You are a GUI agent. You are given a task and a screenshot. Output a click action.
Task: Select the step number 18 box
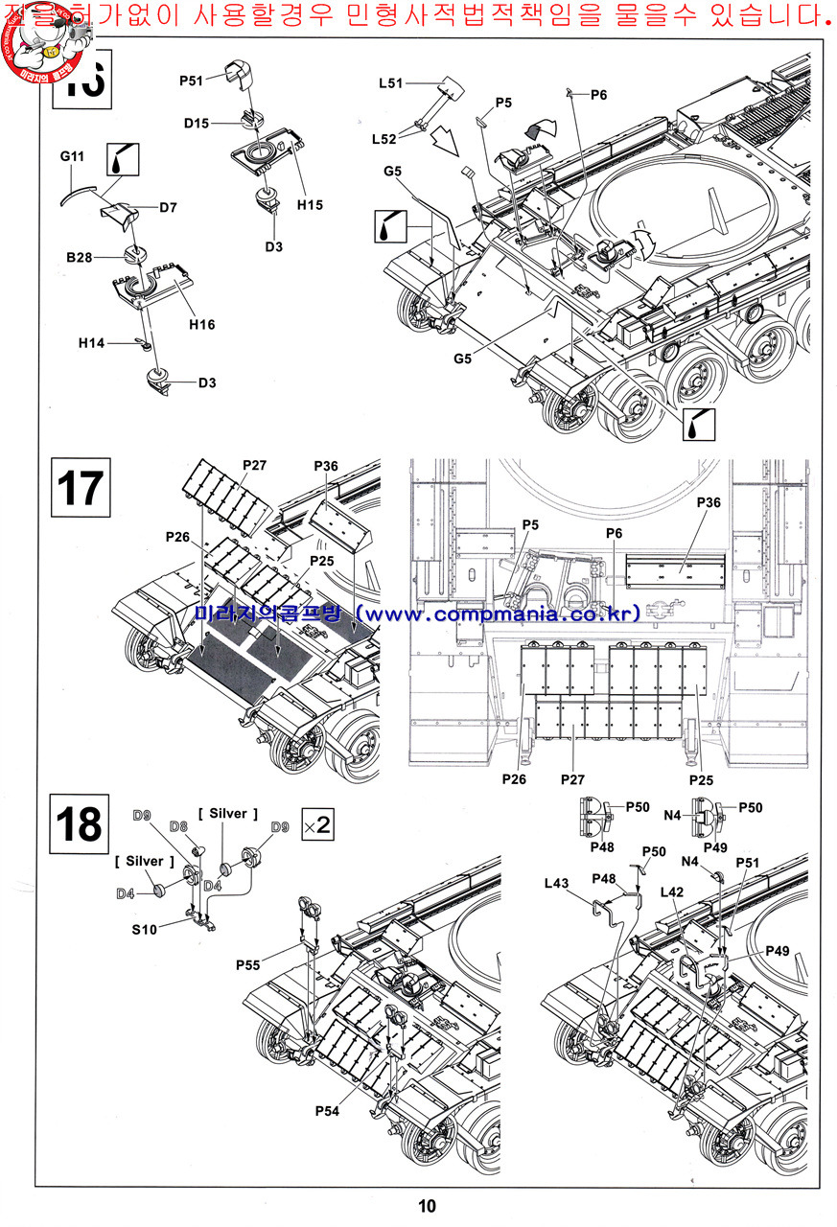pyautogui.click(x=78, y=823)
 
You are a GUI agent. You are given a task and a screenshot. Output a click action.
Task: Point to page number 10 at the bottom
pyautogui.click(x=427, y=1206)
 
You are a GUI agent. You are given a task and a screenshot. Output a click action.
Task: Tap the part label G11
pyautogui.click(x=73, y=154)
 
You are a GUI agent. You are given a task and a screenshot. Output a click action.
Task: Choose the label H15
pyautogui.click(x=310, y=205)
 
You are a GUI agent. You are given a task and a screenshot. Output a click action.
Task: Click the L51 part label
pyautogui.click(x=391, y=83)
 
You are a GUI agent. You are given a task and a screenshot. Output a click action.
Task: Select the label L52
pyautogui.click(x=384, y=139)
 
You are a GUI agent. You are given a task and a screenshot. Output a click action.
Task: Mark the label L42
pyautogui.click(x=673, y=891)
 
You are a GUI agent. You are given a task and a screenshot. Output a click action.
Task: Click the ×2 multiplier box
pyautogui.click(x=317, y=825)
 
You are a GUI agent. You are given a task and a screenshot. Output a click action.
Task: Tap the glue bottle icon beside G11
pyautogui.click(x=122, y=159)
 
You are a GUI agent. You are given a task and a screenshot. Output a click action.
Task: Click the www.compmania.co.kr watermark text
pyautogui.click(x=503, y=613)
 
